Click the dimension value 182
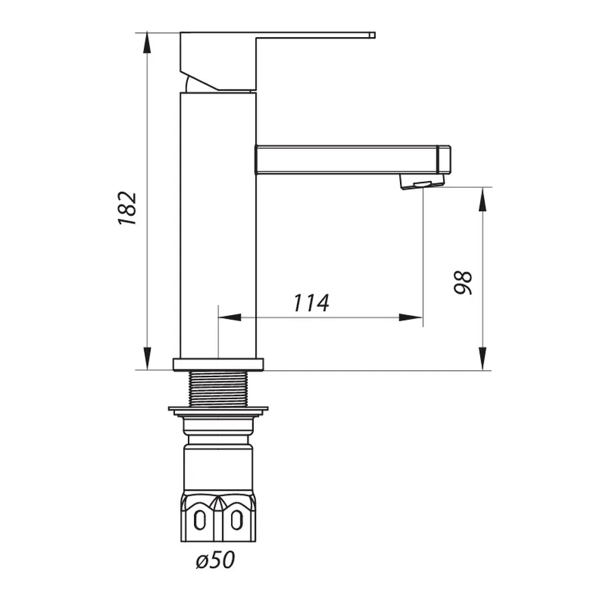(x=127, y=208)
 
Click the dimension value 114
(x=310, y=303)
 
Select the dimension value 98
(x=464, y=282)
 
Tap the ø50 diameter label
(x=215, y=560)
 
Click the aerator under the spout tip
(x=417, y=182)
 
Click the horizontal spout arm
(x=343, y=160)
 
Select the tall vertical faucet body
(x=218, y=229)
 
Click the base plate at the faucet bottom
(x=218, y=364)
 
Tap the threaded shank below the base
(x=218, y=389)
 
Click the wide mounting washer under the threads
(x=218, y=409)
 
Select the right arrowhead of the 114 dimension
(x=411, y=317)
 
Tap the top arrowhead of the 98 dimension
(x=483, y=198)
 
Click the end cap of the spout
(x=444, y=160)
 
